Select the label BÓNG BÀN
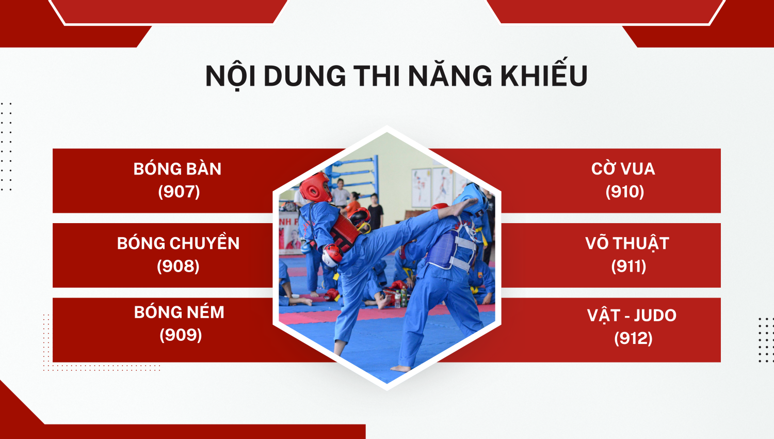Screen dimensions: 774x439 [178, 169]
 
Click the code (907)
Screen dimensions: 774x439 [179, 191]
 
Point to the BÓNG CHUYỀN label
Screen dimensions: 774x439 [179, 243]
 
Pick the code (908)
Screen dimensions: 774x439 [179, 266]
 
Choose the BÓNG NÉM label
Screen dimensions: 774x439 [179, 312]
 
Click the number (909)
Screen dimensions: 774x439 [181, 335]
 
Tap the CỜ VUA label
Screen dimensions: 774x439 [623, 168]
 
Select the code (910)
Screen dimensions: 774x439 [625, 191]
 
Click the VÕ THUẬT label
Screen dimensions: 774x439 [627, 243]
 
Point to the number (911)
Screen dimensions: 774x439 [628, 266]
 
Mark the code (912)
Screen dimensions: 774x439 [633, 338]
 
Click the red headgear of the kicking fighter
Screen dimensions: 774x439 [315, 187]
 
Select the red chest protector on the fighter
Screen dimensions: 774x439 [346, 231]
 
